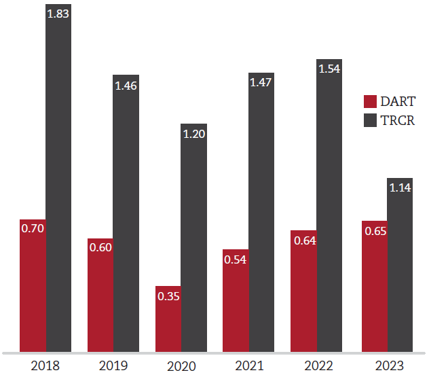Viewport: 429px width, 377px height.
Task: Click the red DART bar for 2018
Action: click(x=33, y=285)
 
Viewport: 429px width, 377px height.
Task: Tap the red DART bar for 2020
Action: click(x=168, y=319)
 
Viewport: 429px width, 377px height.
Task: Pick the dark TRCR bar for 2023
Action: click(x=400, y=265)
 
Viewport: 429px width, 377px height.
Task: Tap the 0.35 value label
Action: click(x=168, y=296)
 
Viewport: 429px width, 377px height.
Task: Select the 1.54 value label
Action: click(x=329, y=69)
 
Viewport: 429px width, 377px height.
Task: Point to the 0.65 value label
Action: click(x=375, y=231)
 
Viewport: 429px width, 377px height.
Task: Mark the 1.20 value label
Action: click(x=193, y=134)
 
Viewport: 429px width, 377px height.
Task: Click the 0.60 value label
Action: click(x=100, y=247)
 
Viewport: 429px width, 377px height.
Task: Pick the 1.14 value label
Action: click(x=400, y=188)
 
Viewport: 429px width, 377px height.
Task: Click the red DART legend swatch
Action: click(x=370, y=102)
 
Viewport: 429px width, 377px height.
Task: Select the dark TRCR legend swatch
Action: click(x=370, y=121)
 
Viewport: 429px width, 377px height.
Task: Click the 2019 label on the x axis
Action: click(x=113, y=366)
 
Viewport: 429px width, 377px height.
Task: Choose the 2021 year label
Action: click(x=249, y=366)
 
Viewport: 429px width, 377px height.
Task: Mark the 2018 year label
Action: click(x=45, y=366)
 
